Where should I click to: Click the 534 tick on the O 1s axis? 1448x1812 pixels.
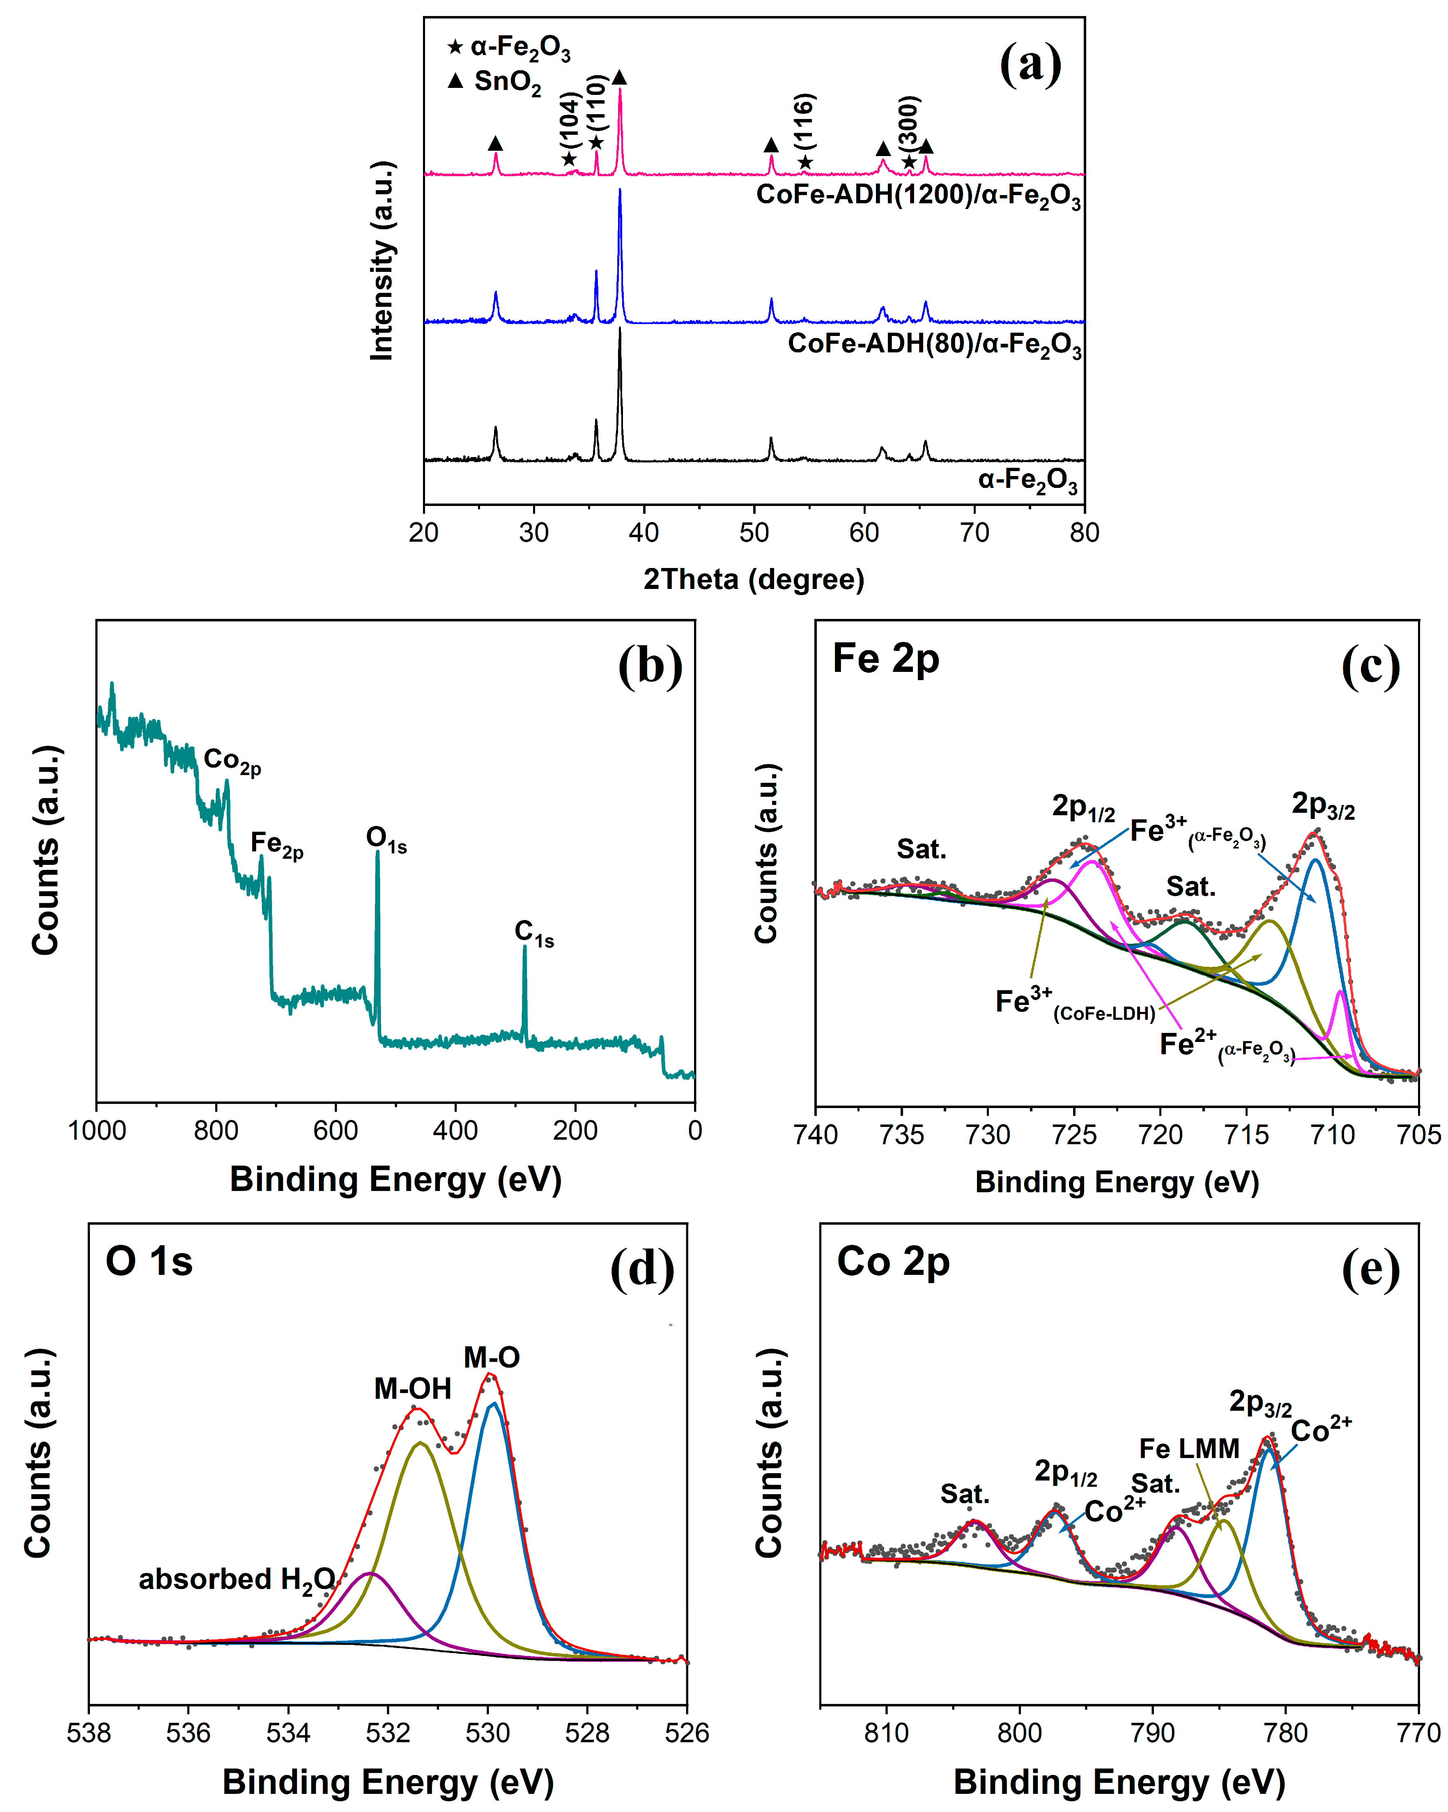click(288, 1733)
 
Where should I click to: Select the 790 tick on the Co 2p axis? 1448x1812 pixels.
click(1152, 1733)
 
